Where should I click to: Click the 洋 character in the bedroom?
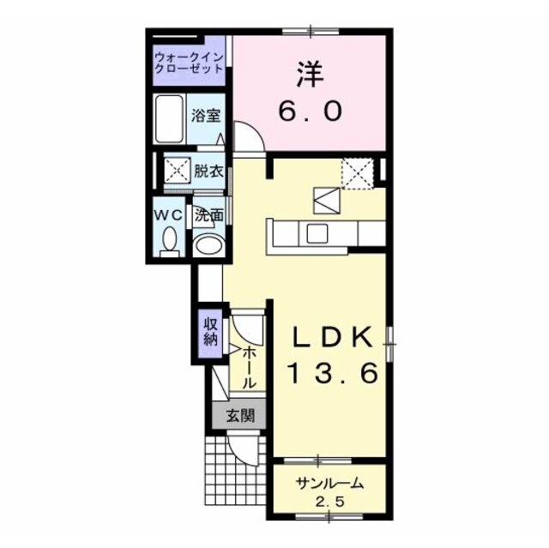[x=311, y=75]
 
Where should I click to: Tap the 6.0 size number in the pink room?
[x=310, y=111]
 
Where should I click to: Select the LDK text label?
[x=332, y=337]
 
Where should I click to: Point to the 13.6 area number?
[x=332, y=372]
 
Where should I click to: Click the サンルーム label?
[x=329, y=484]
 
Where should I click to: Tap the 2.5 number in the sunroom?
[x=329, y=503]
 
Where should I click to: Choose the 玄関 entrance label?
[x=240, y=415]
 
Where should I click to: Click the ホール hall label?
[x=250, y=367]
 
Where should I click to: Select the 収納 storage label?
[x=211, y=332]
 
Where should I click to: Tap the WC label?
[x=169, y=215]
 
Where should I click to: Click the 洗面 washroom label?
[x=209, y=215]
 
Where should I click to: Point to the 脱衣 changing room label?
[x=208, y=172]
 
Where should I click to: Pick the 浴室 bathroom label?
[x=206, y=116]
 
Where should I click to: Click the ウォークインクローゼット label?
[x=189, y=63]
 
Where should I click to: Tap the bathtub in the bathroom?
[x=170, y=119]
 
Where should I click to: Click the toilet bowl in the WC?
[x=170, y=238]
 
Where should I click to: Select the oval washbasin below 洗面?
[x=209, y=245]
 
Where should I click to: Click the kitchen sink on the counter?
[x=317, y=233]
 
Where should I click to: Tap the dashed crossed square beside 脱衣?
[x=178, y=171]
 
